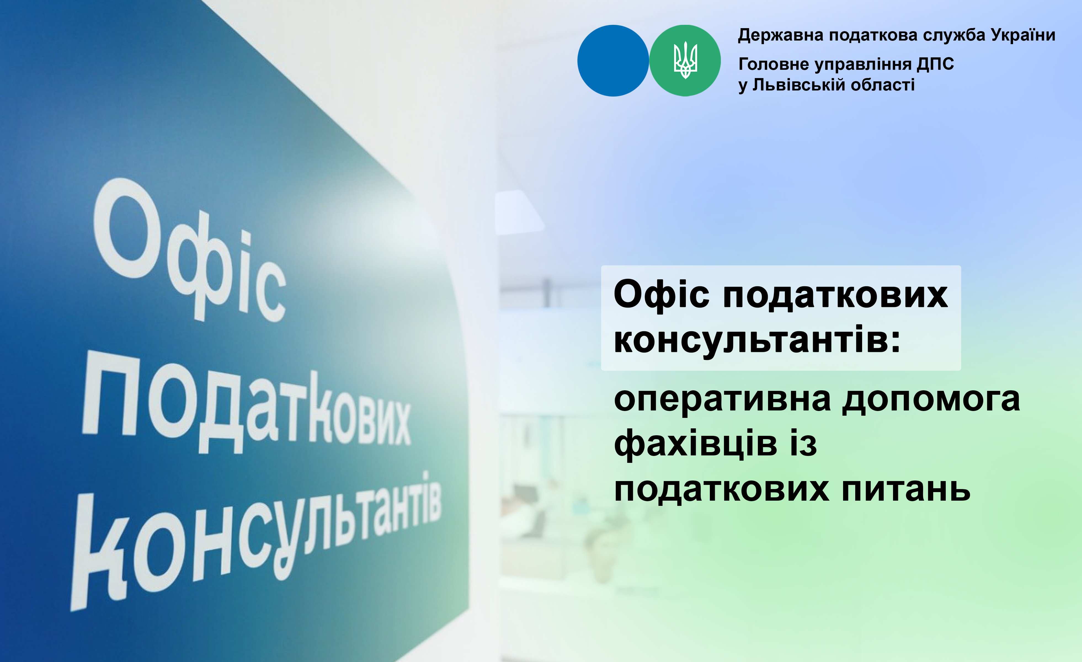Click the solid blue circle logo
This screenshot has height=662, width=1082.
tap(613, 61)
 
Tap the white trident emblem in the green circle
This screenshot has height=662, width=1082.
tap(685, 60)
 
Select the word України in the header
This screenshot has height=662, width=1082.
tap(1023, 35)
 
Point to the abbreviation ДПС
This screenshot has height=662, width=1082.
tap(935, 64)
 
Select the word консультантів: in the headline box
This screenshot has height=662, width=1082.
tap(757, 339)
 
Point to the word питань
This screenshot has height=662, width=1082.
tap(906, 489)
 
